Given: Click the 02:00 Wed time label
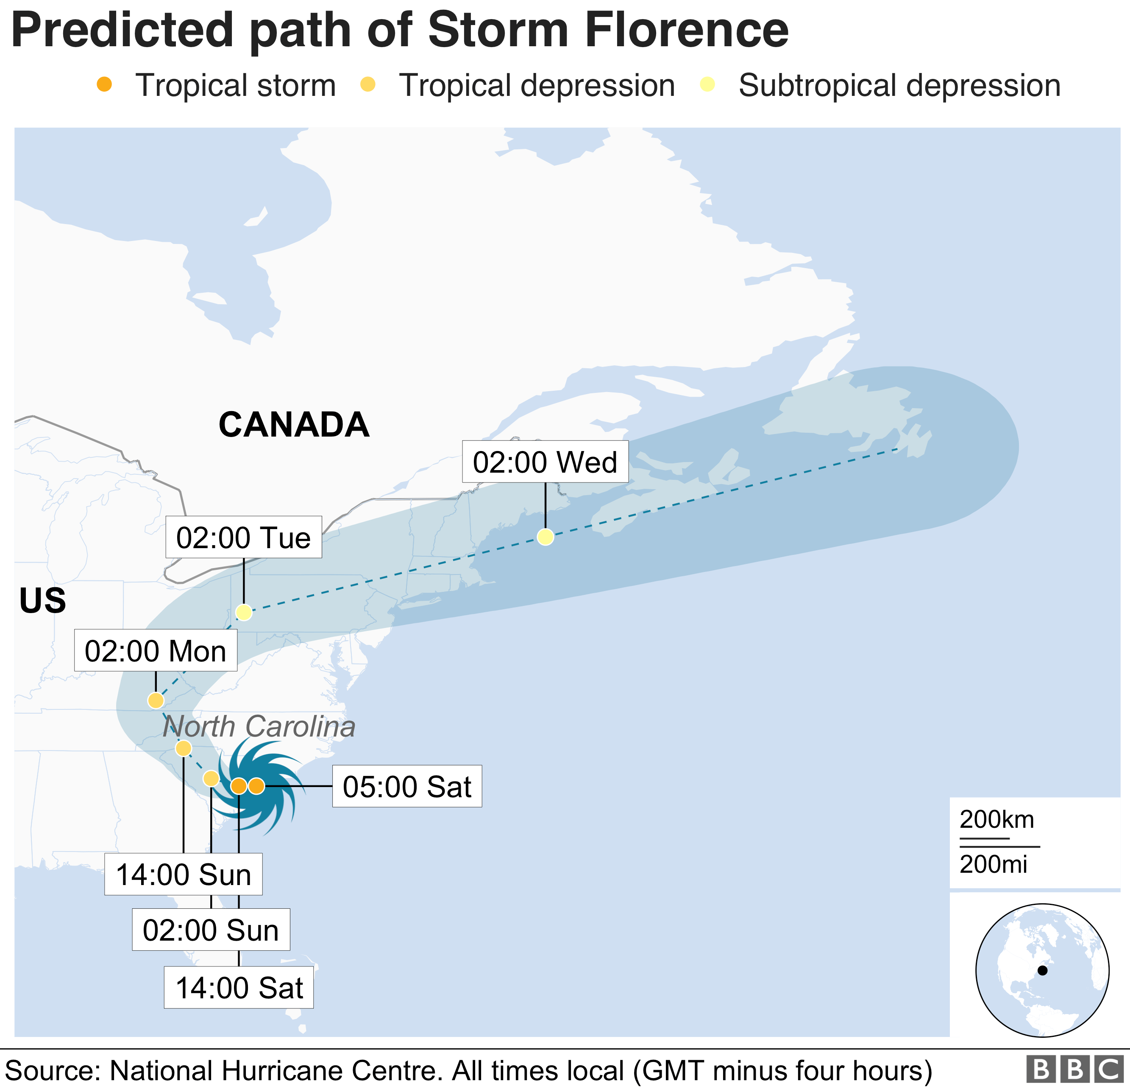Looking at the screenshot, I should click(x=545, y=462).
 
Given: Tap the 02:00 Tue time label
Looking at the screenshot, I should click(x=243, y=537).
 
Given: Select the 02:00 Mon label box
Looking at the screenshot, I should click(x=155, y=651).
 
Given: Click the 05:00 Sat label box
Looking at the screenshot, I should click(x=407, y=787).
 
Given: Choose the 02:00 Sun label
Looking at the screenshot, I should click(x=211, y=930).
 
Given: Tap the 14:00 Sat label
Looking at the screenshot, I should click(x=239, y=988).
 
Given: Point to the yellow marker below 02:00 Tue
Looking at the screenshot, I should click(x=244, y=612).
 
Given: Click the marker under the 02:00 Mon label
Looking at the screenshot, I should click(x=156, y=700).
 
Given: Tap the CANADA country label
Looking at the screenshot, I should click(x=293, y=425).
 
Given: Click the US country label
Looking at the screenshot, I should click(x=43, y=601).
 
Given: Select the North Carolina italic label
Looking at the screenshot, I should click(x=259, y=726).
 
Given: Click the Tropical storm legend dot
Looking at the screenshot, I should click(x=104, y=85).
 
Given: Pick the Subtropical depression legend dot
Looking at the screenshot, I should click(x=707, y=85).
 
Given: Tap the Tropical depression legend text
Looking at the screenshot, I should click(x=537, y=85).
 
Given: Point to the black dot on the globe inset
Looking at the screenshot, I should click(x=1042, y=970).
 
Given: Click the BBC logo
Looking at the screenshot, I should click(x=1074, y=1069).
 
